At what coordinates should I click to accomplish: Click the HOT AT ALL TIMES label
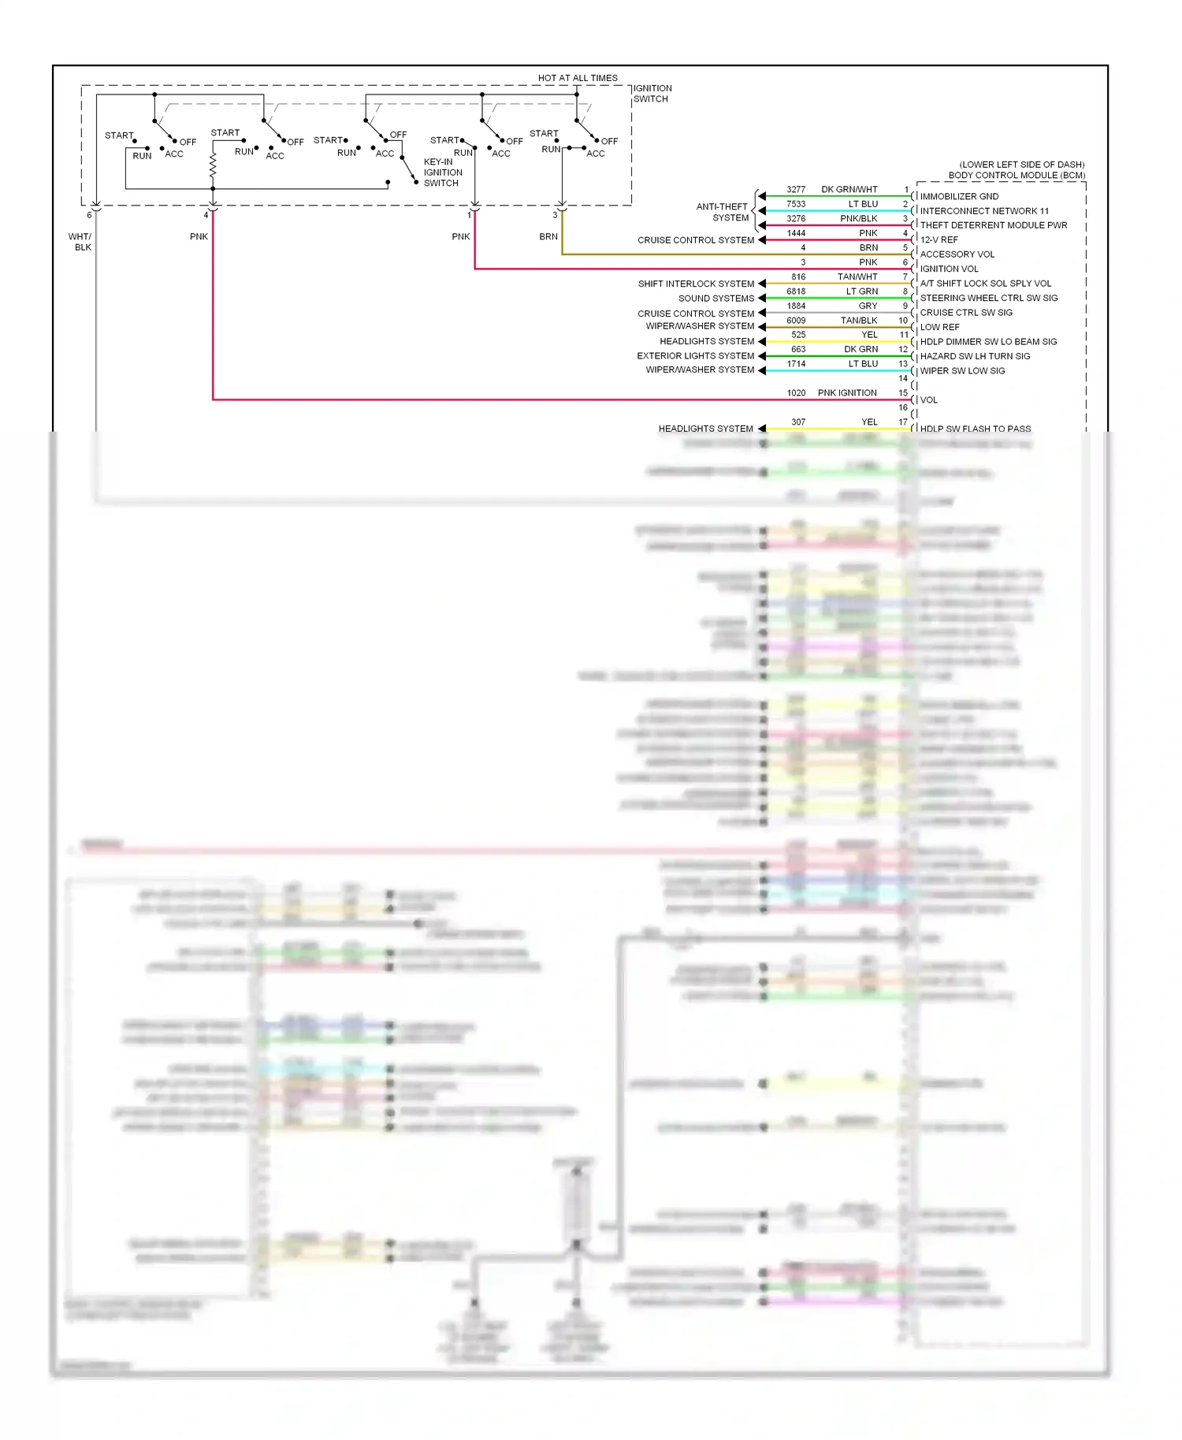(x=578, y=78)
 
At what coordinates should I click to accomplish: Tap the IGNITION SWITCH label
(x=652, y=94)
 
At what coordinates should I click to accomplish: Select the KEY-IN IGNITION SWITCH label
(x=443, y=173)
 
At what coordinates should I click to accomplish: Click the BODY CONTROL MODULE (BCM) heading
(x=1017, y=175)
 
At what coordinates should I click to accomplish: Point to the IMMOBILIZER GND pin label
(x=959, y=196)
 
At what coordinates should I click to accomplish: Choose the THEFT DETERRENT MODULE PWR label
(x=994, y=225)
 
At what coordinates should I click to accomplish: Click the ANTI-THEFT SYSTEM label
(x=723, y=212)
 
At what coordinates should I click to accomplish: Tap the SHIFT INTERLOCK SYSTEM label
(x=696, y=284)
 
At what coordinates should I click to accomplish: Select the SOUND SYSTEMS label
(x=716, y=299)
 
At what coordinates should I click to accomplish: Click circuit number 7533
(x=796, y=204)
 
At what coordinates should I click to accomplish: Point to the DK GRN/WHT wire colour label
(x=849, y=190)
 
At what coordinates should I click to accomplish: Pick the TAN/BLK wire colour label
(x=859, y=321)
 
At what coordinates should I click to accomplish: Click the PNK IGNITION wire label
(x=847, y=392)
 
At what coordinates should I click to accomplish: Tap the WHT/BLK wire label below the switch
(x=81, y=242)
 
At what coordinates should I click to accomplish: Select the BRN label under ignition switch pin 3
(x=548, y=236)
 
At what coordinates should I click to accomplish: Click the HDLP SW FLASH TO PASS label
(x=975, y=429)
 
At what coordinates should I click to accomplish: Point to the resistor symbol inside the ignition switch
(x=213, y=165)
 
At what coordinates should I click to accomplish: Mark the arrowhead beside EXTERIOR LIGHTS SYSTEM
(x=762, y=356)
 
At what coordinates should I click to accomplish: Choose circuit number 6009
(x=796, y=321)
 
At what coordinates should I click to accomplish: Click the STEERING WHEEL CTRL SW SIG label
(x=989, y=298)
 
